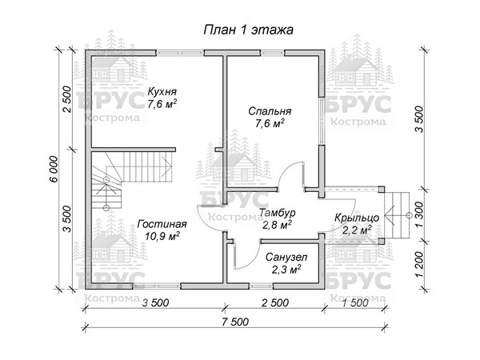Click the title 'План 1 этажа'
tap(248, 30)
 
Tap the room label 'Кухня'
tap(162, 91)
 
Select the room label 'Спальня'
tap(270, 111)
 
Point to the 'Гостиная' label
tap(162, 224)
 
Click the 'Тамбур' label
tap(277, 212)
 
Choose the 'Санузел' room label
tap(286, 257)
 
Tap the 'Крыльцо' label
tap(357, 218)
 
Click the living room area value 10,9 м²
tap(162, 236)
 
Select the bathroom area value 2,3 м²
tap(286, 270)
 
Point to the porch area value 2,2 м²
tap(357, 230)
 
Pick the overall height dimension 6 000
tap(54, 170)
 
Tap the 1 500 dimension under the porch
tap(355, 302)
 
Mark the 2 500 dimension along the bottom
tap(275, 302)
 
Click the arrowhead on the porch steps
tap(390, 215)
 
